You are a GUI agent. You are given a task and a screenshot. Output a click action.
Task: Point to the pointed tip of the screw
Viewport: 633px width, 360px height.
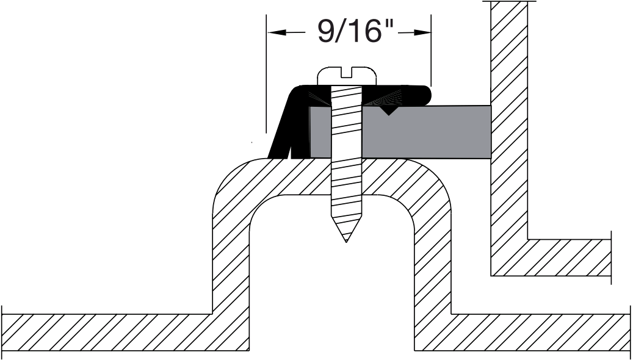(x=346, y=239)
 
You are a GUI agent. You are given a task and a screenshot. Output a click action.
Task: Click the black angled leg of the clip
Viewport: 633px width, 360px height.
(x=281, y=134)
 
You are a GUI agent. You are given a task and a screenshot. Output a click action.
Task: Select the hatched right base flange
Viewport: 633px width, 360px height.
(x=537, y=333)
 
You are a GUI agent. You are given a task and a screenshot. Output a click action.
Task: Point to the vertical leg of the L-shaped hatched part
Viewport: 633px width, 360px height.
(x=509, y=122)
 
